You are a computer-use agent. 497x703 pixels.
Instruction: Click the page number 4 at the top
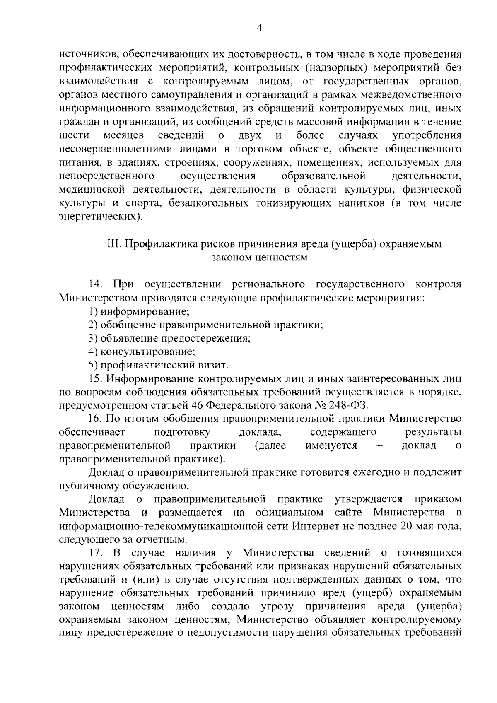tap(259, 28)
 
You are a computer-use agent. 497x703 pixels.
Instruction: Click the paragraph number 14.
tap(95, 284)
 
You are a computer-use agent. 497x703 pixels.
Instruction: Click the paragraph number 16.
tap(95, 419)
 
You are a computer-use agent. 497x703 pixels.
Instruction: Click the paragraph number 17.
tap(95, 553)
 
